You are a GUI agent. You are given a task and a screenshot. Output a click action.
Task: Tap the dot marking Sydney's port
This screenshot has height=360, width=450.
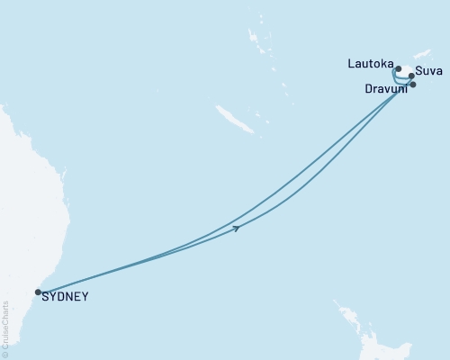[38, 292]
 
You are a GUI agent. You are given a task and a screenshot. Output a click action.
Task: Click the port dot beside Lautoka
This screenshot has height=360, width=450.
[398, 68]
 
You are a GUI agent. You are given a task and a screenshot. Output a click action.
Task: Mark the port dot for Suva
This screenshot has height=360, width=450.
[412, 76]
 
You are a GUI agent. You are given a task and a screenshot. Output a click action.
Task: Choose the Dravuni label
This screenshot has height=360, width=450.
[384, 89]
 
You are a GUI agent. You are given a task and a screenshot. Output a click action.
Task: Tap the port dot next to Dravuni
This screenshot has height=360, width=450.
[413, 85]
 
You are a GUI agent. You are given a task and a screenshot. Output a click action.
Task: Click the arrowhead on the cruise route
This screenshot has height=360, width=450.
[236, 229]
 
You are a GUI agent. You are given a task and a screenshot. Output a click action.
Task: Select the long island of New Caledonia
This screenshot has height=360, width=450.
[229, 119]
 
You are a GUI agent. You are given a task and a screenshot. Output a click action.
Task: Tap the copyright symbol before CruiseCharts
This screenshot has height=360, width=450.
[5, 355]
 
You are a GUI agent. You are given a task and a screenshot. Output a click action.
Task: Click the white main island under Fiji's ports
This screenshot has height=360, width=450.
[405, 72]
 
